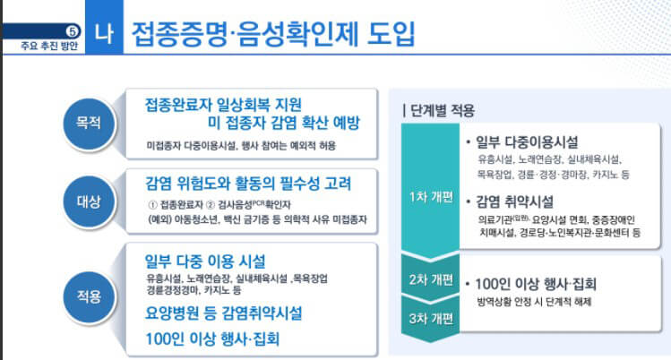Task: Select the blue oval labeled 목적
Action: (x=88, y=118)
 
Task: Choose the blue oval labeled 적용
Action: (x=88, y=295)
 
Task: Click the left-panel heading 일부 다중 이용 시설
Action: (x=205, y=261)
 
